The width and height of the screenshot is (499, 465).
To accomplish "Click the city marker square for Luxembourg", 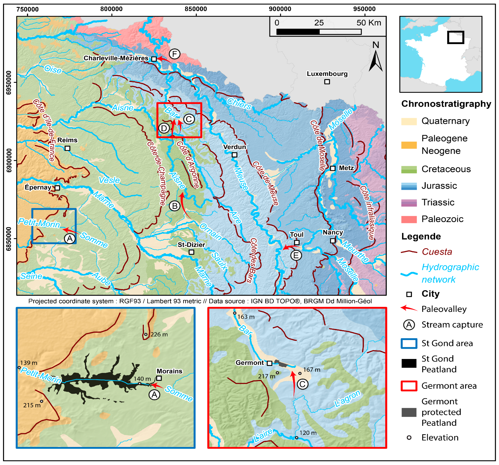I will click(327, 82).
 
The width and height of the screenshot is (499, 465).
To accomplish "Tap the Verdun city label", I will click(235, 147).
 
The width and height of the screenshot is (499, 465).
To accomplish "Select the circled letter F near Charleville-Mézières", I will click(174, 54).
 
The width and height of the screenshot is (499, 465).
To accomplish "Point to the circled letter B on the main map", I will click(175, 206).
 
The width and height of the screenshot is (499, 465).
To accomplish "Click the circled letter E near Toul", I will click(296, 255).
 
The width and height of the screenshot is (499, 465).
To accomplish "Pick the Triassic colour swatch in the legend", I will click(409, 202).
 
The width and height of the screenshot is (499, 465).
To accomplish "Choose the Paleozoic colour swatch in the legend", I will click(409, 219).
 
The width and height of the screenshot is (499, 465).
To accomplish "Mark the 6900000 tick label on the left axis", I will click(9, 160).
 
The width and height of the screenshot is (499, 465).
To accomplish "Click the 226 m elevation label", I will click(159, 335).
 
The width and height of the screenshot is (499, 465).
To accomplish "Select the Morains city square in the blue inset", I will click(159, 378).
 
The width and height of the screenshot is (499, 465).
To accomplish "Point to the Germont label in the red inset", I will click(249, 363).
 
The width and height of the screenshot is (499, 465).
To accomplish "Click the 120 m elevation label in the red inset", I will click(308, 433).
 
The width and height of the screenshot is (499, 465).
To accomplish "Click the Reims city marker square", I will click(67, 148).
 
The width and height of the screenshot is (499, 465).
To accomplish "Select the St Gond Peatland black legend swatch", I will click(409, 363).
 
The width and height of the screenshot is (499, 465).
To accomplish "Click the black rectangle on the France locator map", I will click(456, 37).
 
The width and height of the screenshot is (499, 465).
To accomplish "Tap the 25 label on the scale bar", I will click(319, 23).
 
